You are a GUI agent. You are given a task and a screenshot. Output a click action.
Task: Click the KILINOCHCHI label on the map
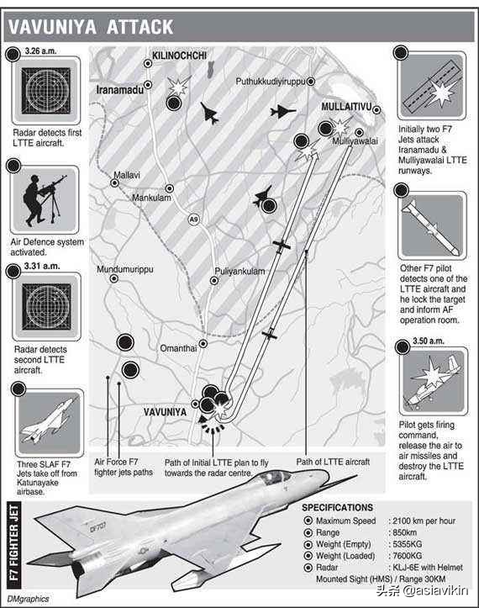click(179, 56)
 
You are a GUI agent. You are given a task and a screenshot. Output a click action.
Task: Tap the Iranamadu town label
click(119, 90)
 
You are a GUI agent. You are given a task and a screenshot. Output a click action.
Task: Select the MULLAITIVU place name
click(346, 107)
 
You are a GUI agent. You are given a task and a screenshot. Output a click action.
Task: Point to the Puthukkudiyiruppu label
click(271, 82)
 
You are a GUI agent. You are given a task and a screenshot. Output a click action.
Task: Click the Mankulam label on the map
click(151, 198)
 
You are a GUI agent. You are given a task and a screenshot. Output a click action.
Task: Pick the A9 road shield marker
click(194, 219)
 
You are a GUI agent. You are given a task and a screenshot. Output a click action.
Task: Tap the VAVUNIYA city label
click(165, 412)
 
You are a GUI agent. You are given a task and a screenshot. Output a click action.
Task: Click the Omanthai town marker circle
click(203, 344)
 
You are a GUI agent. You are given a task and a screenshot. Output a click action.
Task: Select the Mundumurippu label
click(124, 269)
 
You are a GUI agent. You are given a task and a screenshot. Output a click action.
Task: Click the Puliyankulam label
click(239, 271)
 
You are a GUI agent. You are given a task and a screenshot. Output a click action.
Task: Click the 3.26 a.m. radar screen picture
click(46, 91)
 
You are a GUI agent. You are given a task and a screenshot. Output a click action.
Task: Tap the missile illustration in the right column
click(431, 227)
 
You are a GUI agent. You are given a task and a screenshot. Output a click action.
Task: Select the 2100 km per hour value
click(424, 521)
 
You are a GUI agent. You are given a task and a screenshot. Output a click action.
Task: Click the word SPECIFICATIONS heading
click(337, 508)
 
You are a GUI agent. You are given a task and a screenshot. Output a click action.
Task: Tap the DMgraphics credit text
click(28, 599)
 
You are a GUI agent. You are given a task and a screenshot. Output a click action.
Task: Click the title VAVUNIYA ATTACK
click(91, 27)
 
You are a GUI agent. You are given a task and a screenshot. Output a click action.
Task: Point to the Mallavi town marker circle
click(115, 182)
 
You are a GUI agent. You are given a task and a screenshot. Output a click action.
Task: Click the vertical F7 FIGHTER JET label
click(14, 542)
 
